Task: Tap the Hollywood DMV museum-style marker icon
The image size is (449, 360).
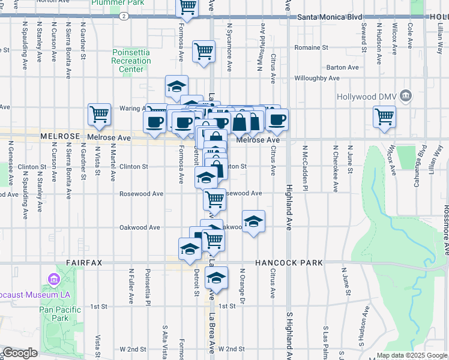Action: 406,95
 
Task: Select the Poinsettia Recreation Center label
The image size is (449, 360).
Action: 131,61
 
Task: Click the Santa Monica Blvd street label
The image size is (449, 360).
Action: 330,17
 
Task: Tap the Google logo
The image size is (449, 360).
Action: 19,353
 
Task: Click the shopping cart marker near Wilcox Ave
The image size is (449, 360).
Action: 384,116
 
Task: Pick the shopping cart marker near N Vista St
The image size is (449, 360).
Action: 99,113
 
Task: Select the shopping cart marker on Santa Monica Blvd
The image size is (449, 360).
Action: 187,7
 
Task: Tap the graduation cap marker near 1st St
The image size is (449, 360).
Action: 217,278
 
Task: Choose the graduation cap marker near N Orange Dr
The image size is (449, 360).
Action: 253,221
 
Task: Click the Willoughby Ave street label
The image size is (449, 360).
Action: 317,78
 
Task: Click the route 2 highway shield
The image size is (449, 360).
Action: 123,16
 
